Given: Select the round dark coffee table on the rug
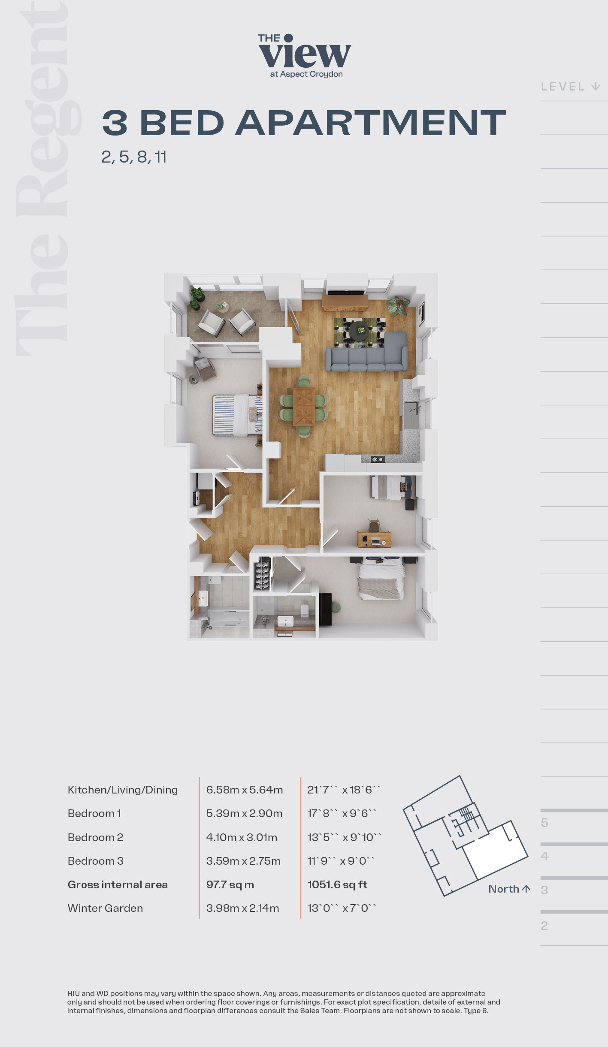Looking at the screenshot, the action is click(x=359, y=330).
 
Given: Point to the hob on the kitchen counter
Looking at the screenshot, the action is click(x=378, y=459).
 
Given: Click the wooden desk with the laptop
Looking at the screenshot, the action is click(x=374, y=539).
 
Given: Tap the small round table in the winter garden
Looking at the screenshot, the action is click(x=222, y=306).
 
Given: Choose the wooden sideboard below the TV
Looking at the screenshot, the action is click(x=345, y=302).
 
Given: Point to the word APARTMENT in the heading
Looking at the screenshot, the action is click(x=371, y=123).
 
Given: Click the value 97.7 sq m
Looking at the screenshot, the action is click(x=230, y=884).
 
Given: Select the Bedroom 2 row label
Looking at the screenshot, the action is click(x=95, y=837).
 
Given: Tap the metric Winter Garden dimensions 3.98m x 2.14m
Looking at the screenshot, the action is click(x=242, y=908).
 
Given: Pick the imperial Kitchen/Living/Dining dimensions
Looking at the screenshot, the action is click(x=344, y=790).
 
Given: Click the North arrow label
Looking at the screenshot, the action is click(x=509, y=889).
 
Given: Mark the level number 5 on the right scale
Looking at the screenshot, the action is click(x=544, y=823).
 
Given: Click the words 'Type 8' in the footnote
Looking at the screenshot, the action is click(x=475, y=1011).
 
